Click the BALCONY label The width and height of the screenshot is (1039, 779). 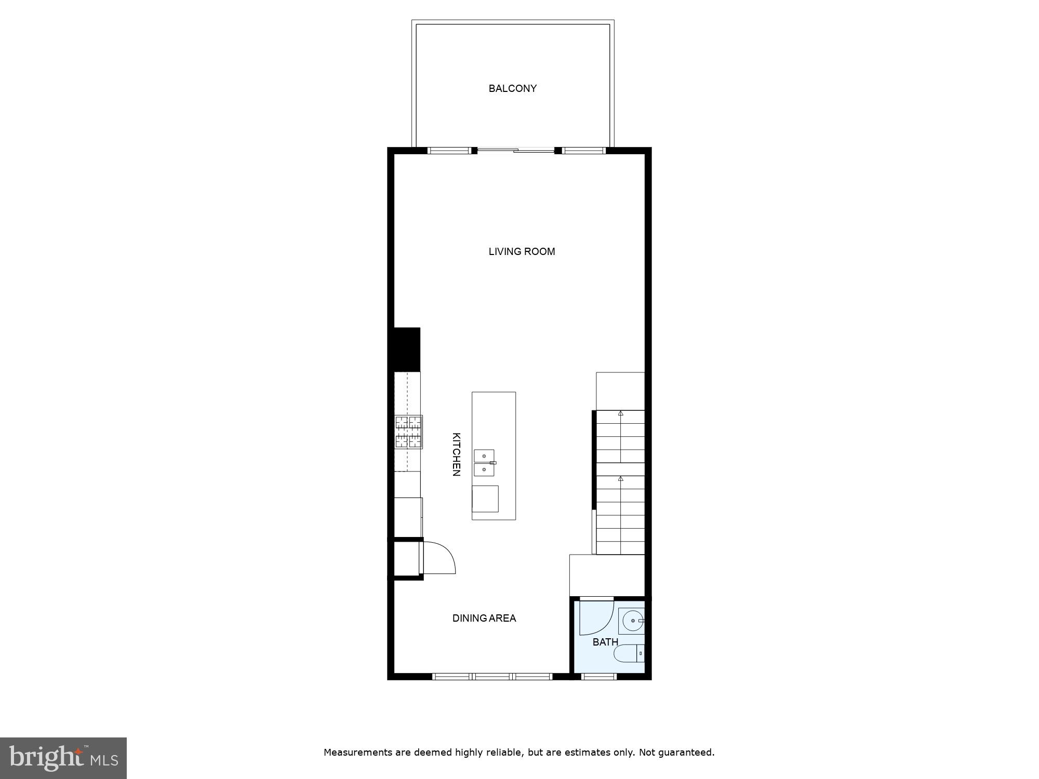click(512, 89)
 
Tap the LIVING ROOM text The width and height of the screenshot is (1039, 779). click(522, 252)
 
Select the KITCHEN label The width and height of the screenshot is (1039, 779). click(456, 454)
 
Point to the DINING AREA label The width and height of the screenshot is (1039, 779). click(484, 618)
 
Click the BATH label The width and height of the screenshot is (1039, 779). click(605, 642)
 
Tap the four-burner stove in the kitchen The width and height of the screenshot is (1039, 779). click(408, 432)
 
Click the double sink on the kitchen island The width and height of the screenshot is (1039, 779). click(484, 463)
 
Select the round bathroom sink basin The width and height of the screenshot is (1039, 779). click(632, 621)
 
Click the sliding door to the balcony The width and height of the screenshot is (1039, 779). click(516, 151)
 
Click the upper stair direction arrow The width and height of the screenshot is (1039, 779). click(620, 413)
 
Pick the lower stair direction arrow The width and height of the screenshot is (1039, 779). click(620, 478)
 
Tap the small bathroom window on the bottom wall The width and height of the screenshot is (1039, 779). click(598, 676)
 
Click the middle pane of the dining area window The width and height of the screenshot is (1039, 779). click(492, 676)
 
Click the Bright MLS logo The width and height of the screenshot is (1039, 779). click(63, 758)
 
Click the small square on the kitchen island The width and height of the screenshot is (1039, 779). click(485, 499)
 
